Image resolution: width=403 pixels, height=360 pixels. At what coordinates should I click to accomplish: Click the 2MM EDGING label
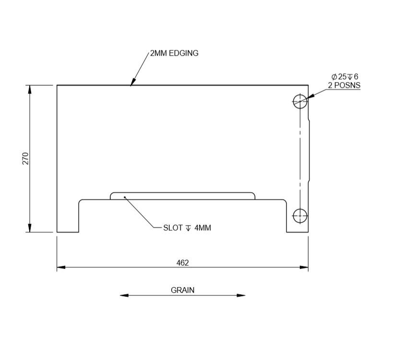coord(174,53)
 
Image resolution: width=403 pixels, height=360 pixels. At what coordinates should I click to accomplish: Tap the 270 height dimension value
coord(25,158)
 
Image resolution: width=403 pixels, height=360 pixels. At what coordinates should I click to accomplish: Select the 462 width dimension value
coord(183,263)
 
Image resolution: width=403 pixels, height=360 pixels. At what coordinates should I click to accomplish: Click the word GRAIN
coord(183,290)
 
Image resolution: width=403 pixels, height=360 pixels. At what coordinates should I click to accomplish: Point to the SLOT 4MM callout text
coord(187,228)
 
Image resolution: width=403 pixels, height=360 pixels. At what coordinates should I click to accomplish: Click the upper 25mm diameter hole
coord(300,101)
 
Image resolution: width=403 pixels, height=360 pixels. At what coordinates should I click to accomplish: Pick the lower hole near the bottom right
coord(300,216)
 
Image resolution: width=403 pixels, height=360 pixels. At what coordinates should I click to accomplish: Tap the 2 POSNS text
coord(344,85)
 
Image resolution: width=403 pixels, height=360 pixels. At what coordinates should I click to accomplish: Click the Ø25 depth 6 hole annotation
coord(344,77)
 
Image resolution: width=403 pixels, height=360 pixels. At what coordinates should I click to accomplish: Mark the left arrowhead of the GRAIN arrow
coord(124,295)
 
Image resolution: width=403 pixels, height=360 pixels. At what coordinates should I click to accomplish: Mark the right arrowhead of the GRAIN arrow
coord(241,295)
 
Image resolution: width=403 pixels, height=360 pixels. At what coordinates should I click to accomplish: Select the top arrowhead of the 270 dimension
coord(30,89)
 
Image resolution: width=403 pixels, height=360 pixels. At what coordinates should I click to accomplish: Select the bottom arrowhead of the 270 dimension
coord(30,228)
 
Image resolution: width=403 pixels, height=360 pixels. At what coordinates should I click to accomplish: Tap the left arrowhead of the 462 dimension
coord(61,266)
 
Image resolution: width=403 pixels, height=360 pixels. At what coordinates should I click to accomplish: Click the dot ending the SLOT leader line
coord(125,196)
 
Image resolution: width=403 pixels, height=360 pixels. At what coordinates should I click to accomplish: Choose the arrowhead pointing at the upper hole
coord(309,96)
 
